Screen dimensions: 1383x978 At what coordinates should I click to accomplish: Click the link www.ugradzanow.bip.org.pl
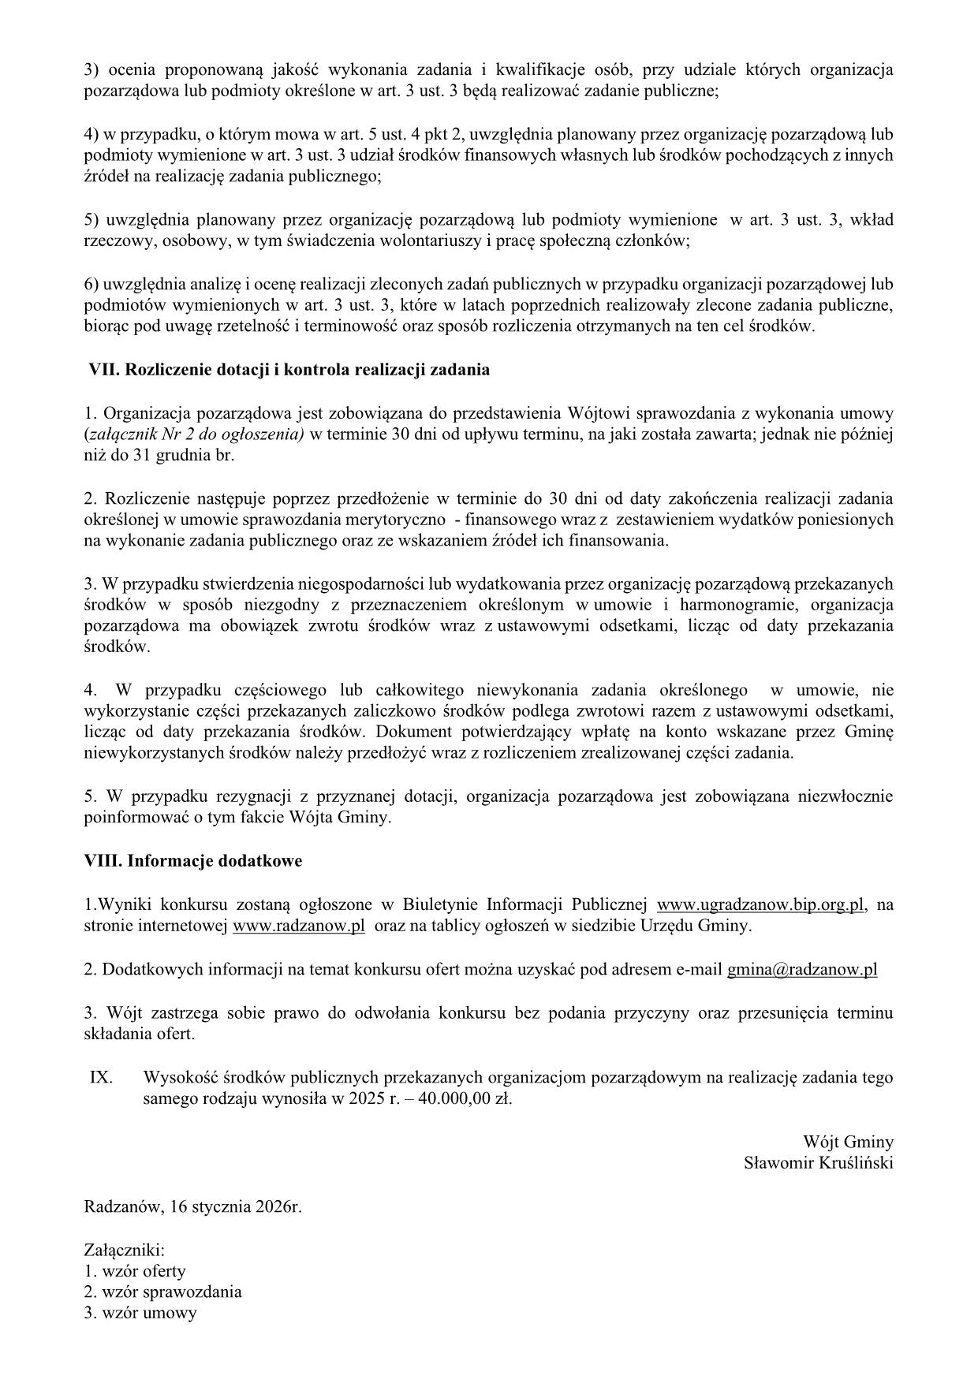761,904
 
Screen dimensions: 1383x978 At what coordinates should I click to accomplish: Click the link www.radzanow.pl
298,926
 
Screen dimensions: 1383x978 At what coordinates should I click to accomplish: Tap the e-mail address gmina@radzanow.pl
802,970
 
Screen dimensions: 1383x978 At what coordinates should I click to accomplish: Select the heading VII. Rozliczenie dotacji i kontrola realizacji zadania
289,369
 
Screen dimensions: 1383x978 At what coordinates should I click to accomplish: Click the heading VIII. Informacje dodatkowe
193,861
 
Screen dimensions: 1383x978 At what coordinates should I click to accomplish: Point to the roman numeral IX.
101,1077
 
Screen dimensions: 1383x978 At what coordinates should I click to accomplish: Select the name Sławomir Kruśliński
819,1163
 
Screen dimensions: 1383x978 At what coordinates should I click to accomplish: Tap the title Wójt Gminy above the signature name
848,1142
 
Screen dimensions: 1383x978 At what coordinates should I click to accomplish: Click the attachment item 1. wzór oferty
135,1271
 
